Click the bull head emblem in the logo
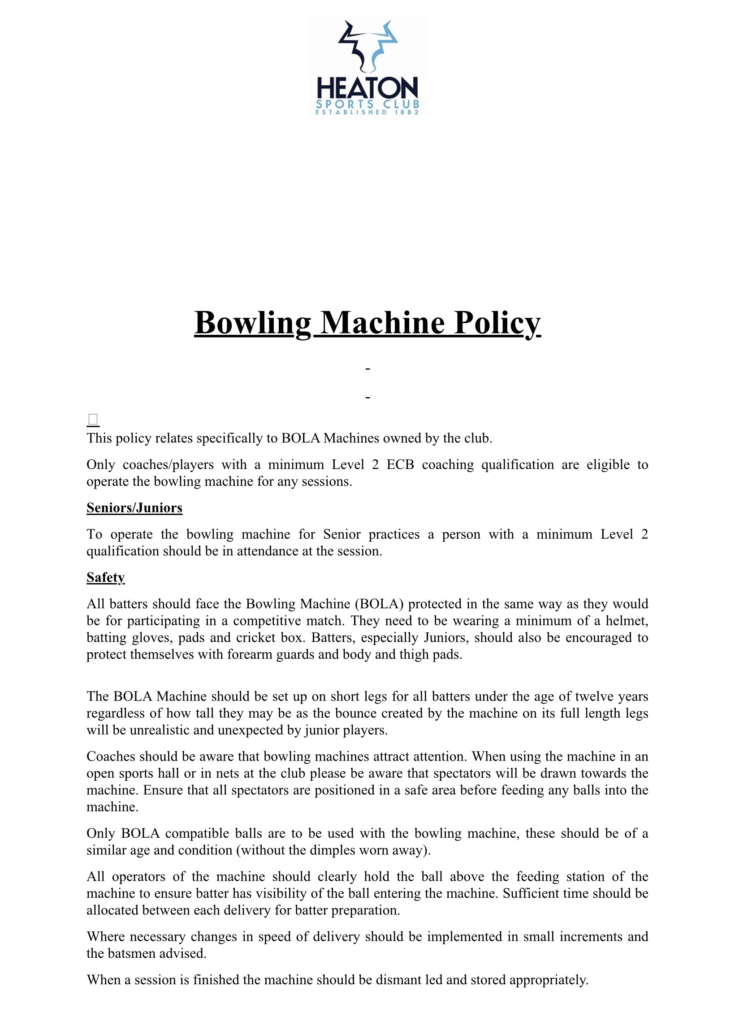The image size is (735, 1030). pyautogui.click(x=367, y=46)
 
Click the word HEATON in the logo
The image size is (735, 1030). pyautogui.click(x=367, y=88)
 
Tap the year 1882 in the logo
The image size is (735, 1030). pyautogui.click(x=407, y=112)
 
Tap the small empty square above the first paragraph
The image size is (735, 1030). pyautogui.click(x=93, y=420)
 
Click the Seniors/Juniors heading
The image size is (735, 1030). pyautogui.click(x=134, y=508)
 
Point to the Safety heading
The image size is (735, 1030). pyautogui.click(x=105, y=577)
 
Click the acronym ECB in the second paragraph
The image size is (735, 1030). pyautogui.click(x=400, y=465)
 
